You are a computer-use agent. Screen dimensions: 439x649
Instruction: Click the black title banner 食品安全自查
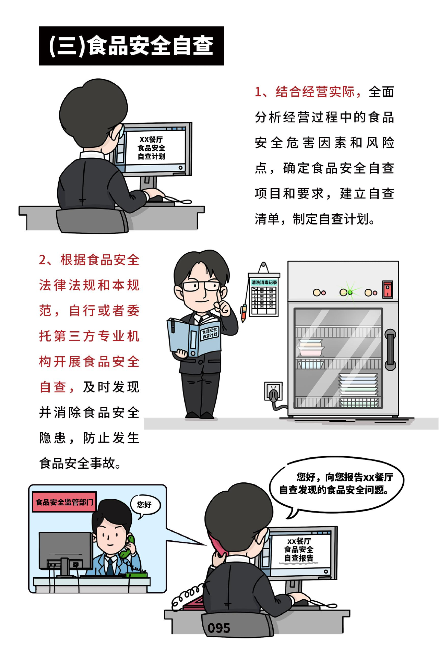[x=131, y=46]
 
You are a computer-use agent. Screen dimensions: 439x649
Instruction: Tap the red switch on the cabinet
[x=388, y=290]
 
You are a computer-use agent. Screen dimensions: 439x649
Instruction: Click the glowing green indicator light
[x=349, y=292]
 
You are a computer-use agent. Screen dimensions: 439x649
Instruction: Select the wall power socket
[x=273, y=391]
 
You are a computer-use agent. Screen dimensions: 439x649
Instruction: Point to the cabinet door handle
[x=390, y=350]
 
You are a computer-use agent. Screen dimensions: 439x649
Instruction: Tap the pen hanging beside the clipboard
[x=244, y=313]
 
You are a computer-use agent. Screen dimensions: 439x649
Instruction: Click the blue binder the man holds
[x=193, y=337]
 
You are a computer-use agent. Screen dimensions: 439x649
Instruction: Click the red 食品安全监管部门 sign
[x=64, y=502]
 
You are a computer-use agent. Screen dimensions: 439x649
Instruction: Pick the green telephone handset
[x=127, y=547]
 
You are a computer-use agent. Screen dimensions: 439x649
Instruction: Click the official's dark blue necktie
[x=110, y=566]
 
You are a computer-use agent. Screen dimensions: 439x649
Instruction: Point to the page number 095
[x=218, y=628]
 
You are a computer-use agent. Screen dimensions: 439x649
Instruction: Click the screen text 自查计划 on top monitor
[x=151, y=156]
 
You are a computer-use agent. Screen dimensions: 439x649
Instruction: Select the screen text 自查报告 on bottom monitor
[x=298, y=558]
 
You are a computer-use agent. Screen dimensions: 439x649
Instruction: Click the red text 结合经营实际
[x=315, y=92]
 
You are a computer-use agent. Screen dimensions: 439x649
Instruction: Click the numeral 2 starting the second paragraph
[x=43, y=260]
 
